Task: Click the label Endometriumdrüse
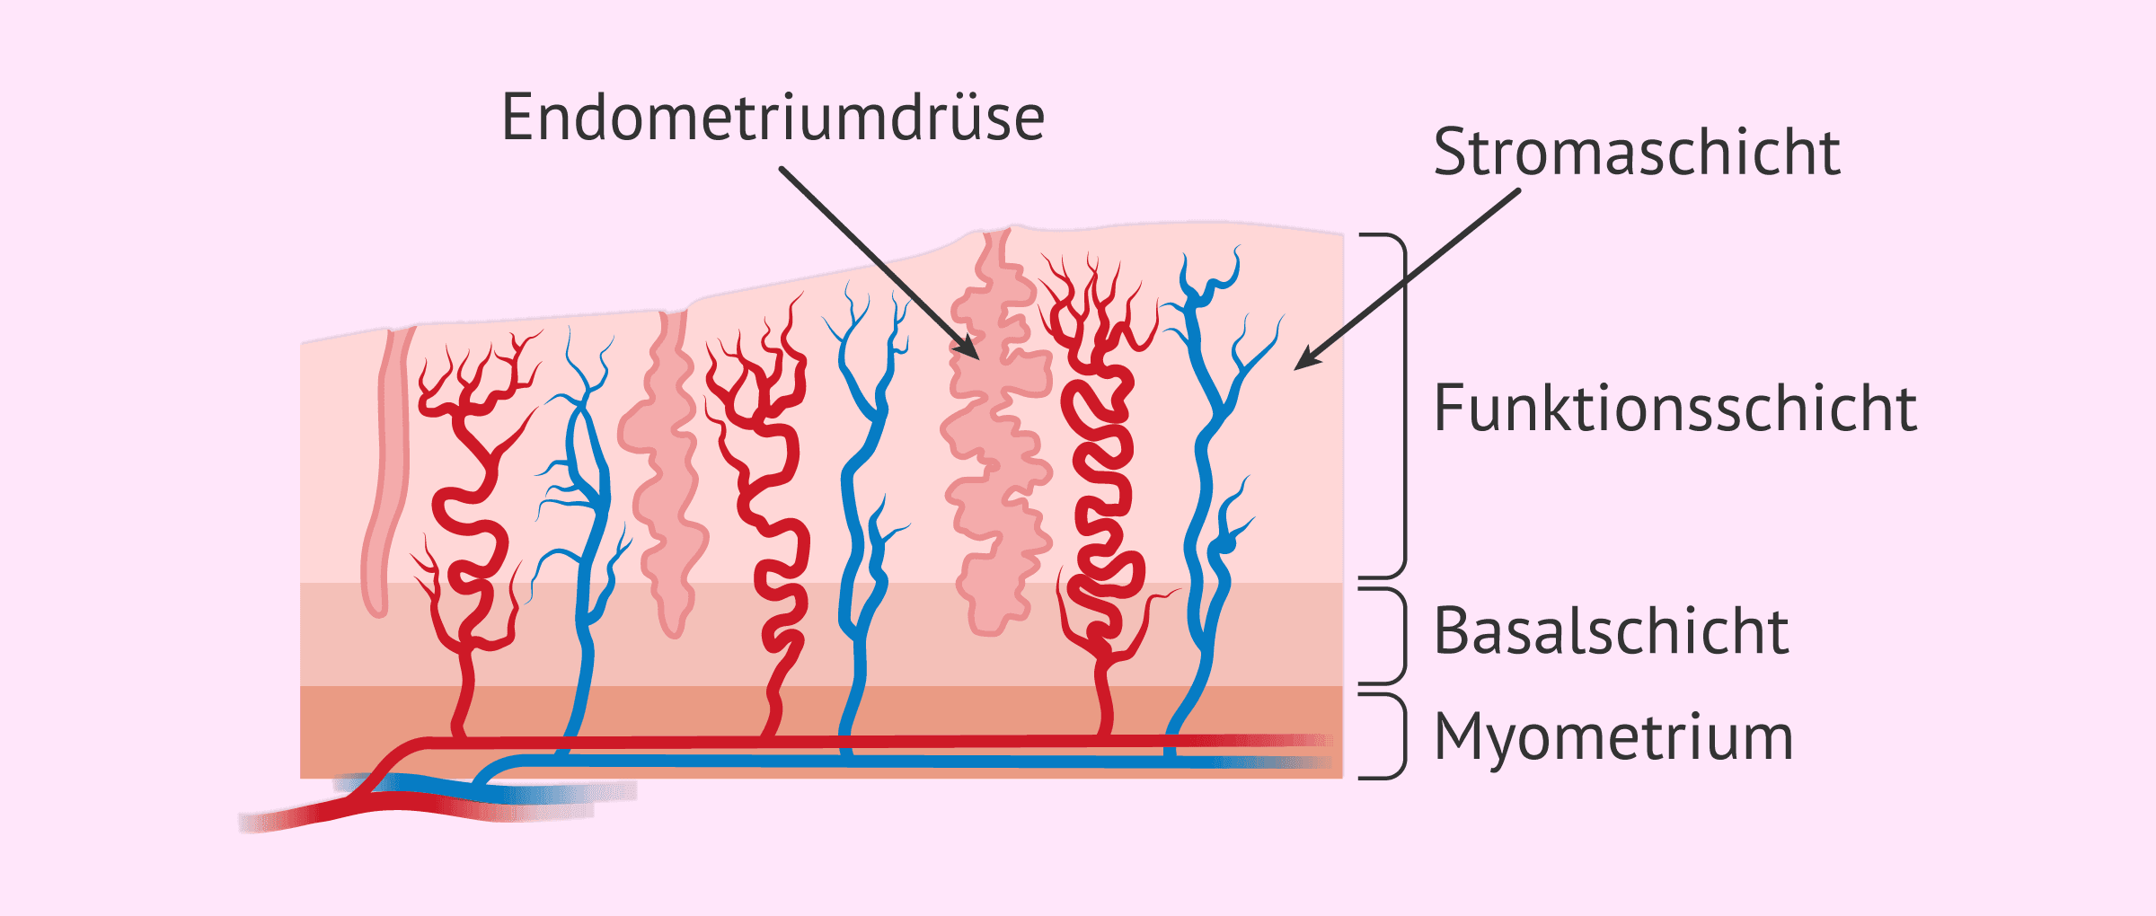coord(773,118)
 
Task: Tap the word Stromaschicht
coord(1637,152)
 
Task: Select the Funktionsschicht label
coord(1674,409)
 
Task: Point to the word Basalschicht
coord(1611,631)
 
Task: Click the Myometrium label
coord(1613,737)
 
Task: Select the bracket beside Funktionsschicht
coord(1402,404)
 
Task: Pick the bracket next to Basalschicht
coord(1402,636)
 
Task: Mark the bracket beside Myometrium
coord(1402,735)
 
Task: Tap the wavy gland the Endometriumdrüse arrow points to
coord(997,449)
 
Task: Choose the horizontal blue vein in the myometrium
coord(898,761)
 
